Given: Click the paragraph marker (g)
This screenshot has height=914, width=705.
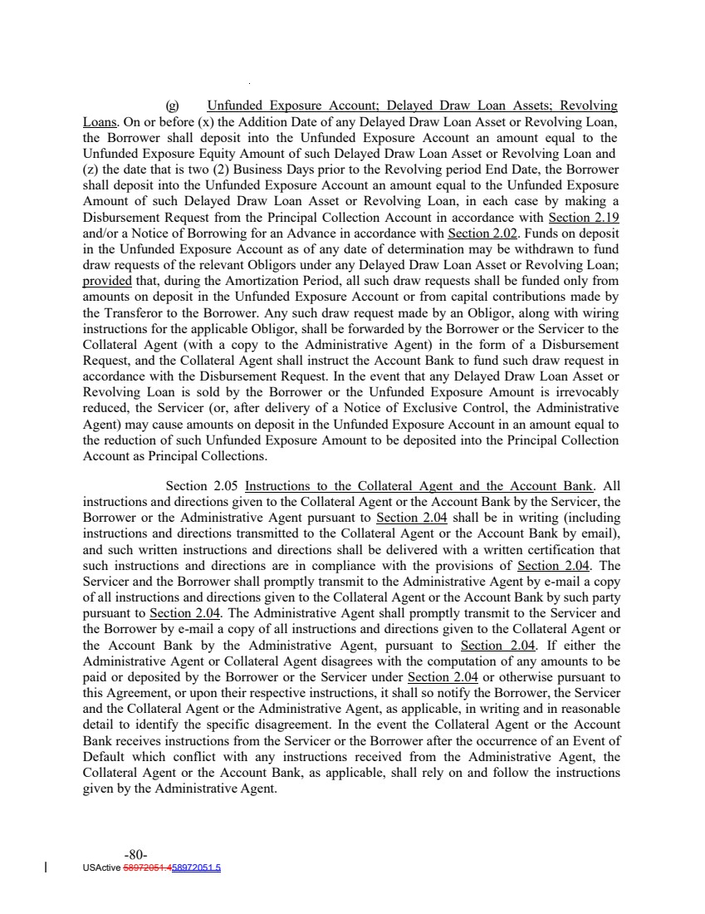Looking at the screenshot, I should [x=173, y=106].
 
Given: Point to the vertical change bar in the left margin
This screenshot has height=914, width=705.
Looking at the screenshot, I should [x=45, y=868].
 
